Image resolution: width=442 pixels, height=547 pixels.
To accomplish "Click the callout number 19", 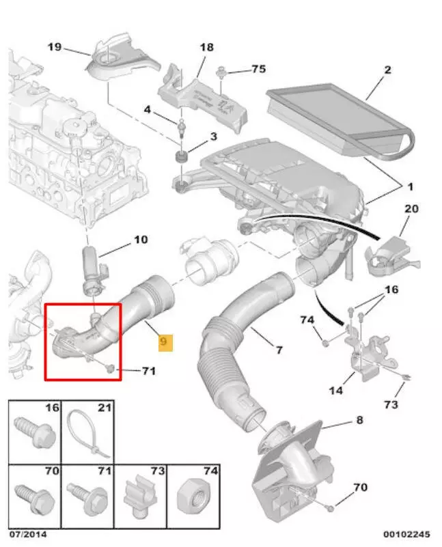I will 55,47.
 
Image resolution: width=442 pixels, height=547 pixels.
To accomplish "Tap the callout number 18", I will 206,47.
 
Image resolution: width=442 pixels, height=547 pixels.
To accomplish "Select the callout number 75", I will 258,69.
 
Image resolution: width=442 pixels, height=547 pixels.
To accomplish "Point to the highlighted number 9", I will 166,341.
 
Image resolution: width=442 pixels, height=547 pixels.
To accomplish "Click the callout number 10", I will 139,240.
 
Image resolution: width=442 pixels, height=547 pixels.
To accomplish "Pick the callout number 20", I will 411,208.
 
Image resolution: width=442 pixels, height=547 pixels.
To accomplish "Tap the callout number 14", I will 336,391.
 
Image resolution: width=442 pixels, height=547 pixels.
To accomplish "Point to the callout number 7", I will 278,350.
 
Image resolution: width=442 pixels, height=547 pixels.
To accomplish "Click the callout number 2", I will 387,69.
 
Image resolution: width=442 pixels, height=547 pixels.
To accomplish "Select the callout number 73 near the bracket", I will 391,405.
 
